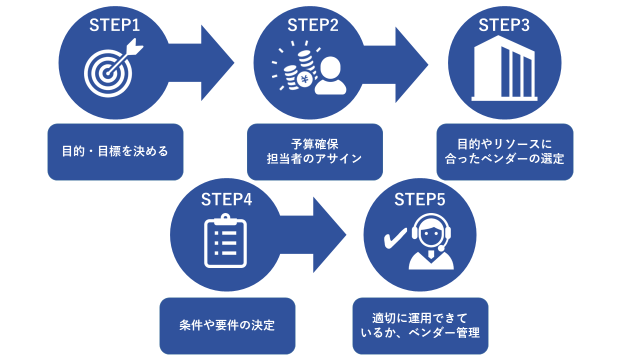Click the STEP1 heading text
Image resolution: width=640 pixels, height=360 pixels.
tap(114, 25)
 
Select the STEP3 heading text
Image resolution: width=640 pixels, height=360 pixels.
tap(504, 25)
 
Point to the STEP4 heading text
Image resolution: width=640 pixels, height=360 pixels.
tap(226, 199)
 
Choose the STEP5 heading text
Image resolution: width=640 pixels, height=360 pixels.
tap(420, 199)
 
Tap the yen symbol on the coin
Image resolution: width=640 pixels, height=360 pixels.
tap(304, 79)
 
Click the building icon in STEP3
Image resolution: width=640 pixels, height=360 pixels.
tap(504, 70)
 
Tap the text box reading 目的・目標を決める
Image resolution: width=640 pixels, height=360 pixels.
tap(115, 151)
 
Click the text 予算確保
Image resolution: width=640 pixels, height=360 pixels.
tap(314, 144)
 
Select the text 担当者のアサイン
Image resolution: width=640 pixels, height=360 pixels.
tap(314, 159)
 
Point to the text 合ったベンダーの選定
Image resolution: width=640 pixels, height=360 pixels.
tap(504, 159)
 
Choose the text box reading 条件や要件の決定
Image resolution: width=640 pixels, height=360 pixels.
tap(227, 325)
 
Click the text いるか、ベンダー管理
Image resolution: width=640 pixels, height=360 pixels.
tap(420, 332)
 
